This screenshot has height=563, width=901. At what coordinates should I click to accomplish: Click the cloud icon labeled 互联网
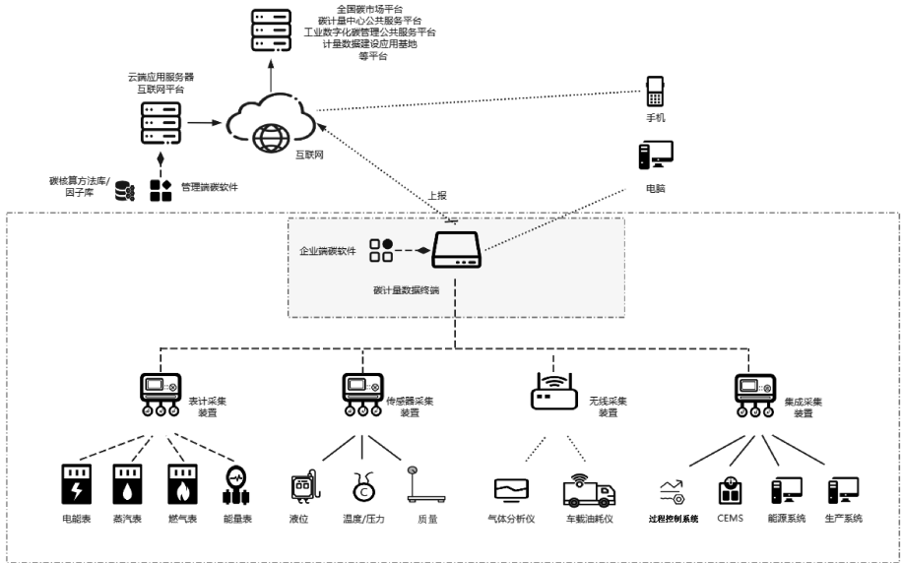click(x=269, y=123)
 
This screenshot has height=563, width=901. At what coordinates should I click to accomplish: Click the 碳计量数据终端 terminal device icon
click(x=454, y=252)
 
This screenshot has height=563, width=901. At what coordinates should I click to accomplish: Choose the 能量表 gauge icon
click(x=237, y=485)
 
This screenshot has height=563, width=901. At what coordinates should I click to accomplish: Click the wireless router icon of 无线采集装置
click(x=553, y=392)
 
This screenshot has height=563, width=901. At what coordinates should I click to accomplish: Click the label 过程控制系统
click(x=675, y=518)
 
